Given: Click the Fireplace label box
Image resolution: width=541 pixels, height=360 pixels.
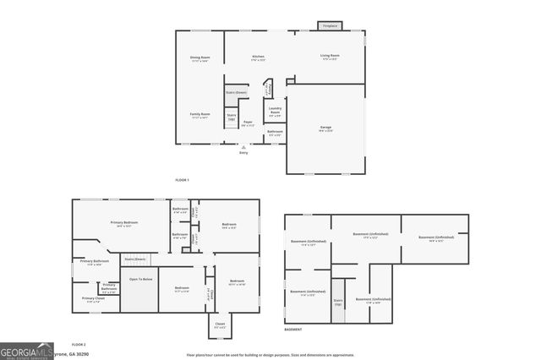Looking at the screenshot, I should (x=330, y=26).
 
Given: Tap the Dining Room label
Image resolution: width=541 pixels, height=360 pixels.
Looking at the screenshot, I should (x=199, y=58).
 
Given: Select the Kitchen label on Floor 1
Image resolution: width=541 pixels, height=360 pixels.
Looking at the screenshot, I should (x=258, y=58).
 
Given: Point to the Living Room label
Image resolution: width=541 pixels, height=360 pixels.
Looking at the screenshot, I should (x=330, y=57).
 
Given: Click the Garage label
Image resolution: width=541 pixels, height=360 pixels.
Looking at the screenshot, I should (x=325, y=129).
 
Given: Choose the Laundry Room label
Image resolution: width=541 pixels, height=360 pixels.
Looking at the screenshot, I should (x=275, y=110).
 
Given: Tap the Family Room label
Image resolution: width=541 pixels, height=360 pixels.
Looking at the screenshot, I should (x=199, y=115).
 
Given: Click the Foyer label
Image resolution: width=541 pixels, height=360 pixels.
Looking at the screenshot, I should (x=249, y=124).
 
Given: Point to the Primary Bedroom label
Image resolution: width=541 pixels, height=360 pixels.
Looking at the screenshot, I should (x=124, y=224).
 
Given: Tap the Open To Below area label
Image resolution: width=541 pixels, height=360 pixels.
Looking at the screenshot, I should (x=140, y=279).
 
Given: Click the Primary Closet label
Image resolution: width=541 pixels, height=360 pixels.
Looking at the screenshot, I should (x=93, y=299).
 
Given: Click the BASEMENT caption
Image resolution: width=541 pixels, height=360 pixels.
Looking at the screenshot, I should (x=293, y=330).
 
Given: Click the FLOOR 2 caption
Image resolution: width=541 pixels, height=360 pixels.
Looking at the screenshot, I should (x=79, y=345).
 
